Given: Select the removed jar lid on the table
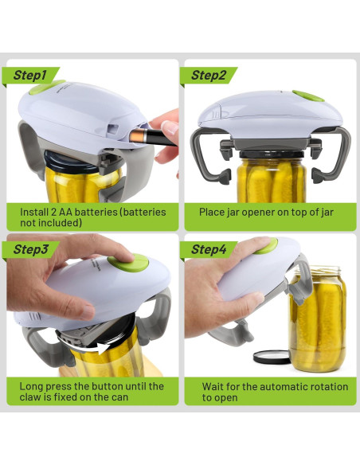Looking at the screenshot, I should coord(272,357).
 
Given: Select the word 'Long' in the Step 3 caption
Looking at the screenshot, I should coord(33,387).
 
